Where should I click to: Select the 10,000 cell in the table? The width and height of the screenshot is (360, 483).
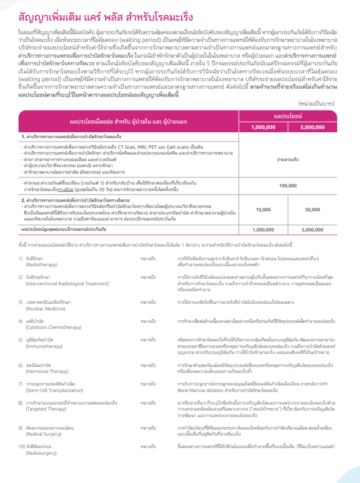pyautogui.click(x=264, y=210)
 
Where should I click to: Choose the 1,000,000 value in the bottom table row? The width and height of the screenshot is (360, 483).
pyautogui.click(x=264, y=230)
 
